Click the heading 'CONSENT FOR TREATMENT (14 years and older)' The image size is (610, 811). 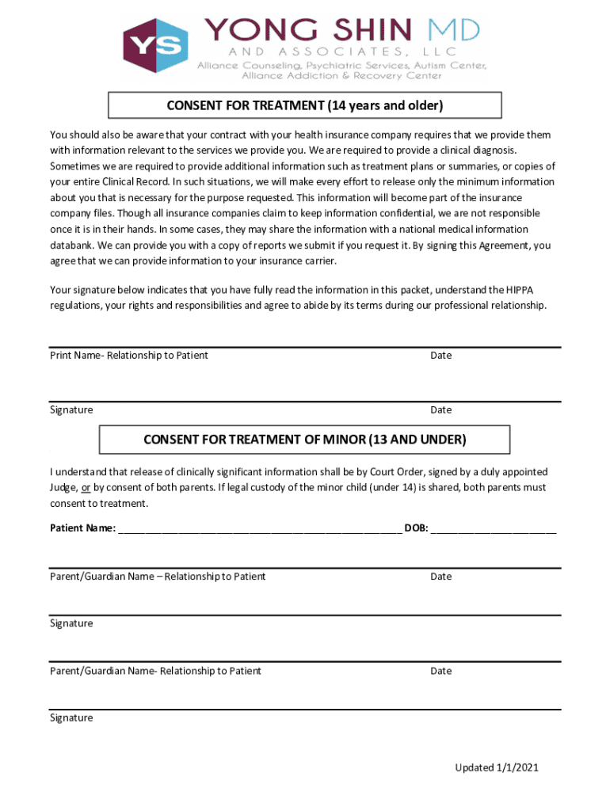[304, 105]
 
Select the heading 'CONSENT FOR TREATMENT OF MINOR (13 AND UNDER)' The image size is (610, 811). [304, 439]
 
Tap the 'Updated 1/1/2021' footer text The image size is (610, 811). [497, 767]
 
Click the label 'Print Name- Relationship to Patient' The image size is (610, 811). [129, 356]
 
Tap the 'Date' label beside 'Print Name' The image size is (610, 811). [440, 356]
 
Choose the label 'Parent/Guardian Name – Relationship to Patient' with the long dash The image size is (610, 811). [158, 577]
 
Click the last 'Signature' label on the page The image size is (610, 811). [71, 718]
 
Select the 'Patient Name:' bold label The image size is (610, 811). [82, 528]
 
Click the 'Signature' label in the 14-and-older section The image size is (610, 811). [71, 410]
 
